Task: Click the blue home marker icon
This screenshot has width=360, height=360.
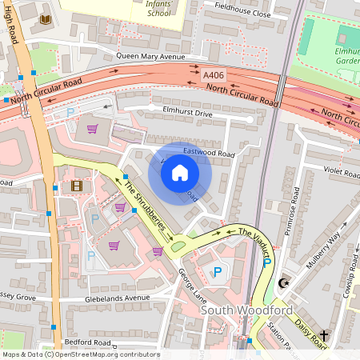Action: [180, 172]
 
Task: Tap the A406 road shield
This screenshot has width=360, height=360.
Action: [214, 74]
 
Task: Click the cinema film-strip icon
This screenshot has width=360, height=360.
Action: [76, 186]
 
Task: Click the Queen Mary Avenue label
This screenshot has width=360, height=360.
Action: [150, 56]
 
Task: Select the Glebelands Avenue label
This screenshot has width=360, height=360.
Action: [118, 298]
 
